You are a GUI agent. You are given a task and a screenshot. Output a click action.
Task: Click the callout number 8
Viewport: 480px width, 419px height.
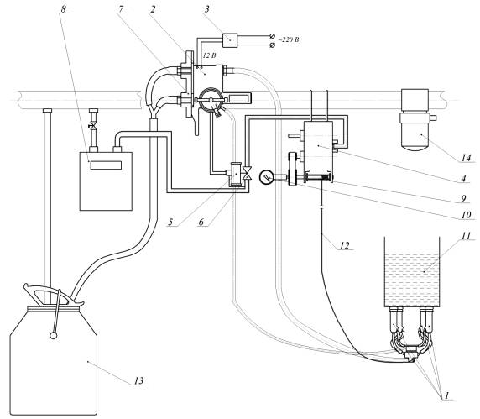coord(64,8)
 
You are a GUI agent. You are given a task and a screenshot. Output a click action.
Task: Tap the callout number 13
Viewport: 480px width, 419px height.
coord(138,380)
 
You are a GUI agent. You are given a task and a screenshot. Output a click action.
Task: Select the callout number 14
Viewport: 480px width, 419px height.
coord(466,158)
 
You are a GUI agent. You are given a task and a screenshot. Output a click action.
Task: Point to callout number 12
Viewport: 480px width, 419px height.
coord(345,245)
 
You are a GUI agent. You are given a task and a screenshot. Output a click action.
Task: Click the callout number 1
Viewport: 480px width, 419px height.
coord(446,395)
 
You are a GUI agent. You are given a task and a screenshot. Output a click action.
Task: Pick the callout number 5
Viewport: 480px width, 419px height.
coord(171,222)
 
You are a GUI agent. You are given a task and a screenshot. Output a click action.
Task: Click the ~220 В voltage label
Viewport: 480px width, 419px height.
coord(289,39)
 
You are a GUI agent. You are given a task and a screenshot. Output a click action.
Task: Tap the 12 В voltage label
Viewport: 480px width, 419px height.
coord(209,55)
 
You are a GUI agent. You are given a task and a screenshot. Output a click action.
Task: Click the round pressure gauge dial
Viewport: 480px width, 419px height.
coord(266,177)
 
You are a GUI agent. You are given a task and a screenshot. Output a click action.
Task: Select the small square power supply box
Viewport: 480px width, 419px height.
coord(230,40)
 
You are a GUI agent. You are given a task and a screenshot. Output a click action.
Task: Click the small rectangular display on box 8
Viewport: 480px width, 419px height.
coord(106,165)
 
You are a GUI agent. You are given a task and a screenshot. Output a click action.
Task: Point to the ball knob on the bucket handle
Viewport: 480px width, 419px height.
coord(54,336)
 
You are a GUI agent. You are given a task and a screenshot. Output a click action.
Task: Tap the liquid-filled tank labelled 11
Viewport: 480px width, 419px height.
coord(412,272)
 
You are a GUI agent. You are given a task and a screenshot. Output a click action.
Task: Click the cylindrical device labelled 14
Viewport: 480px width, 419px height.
coord(415,120)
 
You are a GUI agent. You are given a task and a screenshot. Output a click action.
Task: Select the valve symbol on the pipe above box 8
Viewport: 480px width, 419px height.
coord(92,126)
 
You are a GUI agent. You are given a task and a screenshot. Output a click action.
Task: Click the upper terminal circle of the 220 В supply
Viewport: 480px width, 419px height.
coord(272,36)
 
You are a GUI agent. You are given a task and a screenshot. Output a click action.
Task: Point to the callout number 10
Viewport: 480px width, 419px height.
coord(466,215)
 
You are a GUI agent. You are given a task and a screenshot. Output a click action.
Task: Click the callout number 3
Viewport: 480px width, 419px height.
coord(207,8)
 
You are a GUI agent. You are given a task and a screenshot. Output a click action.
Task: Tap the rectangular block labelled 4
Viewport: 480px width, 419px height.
coord(318,146)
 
